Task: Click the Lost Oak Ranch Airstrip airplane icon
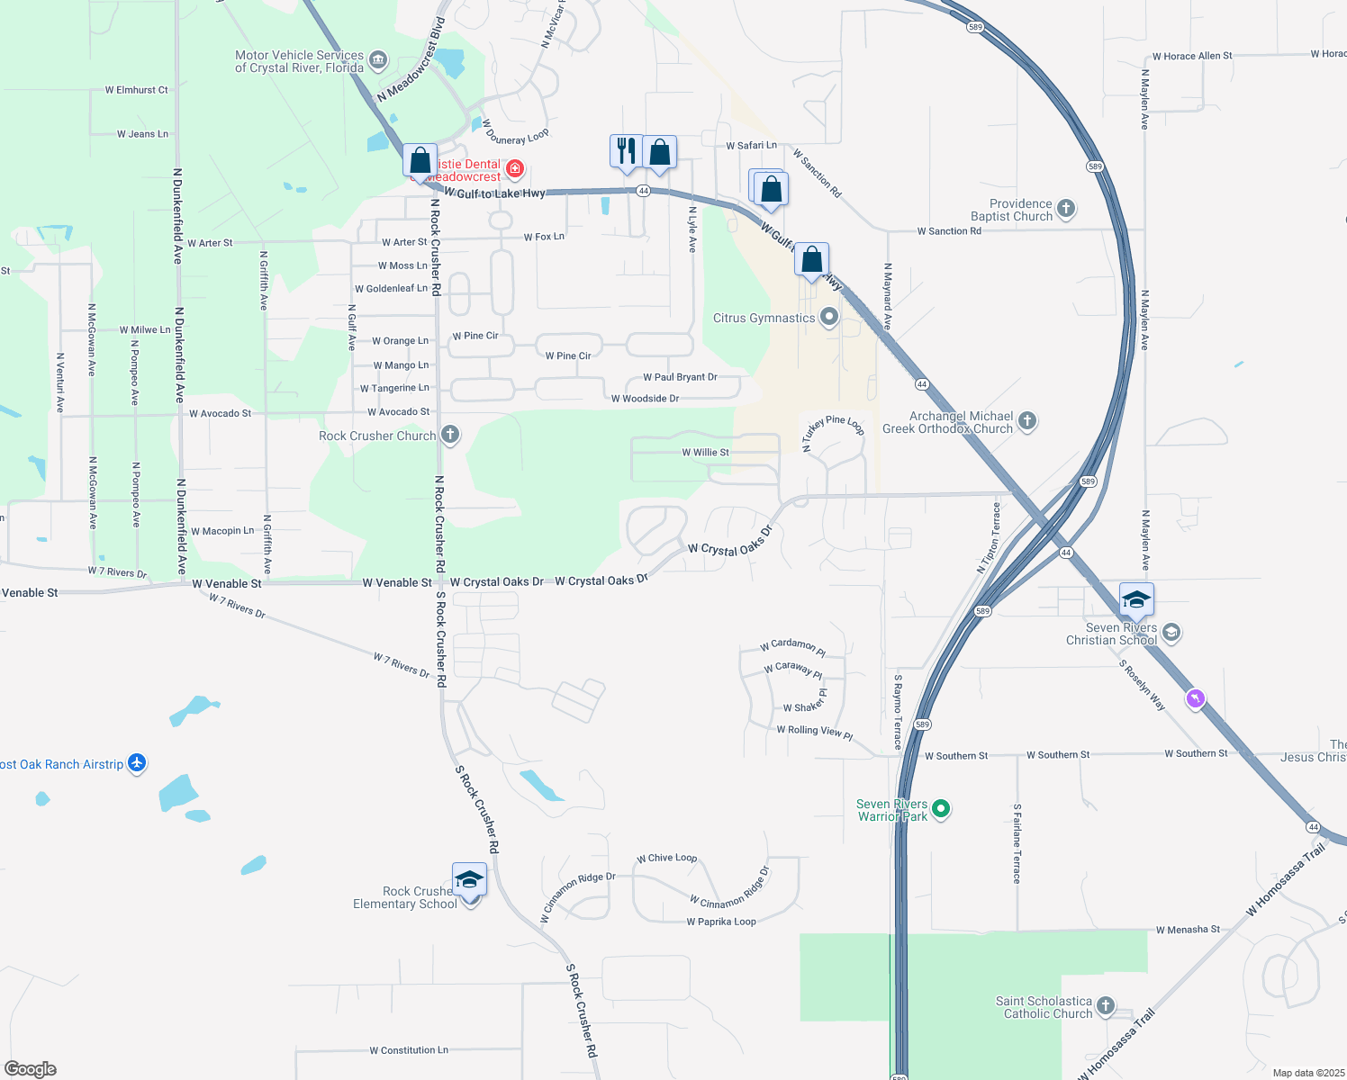[137, 763]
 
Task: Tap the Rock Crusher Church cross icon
[450, 436]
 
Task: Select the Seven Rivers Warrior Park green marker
[941, 809]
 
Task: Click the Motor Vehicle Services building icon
[378, 61]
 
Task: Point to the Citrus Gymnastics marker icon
[829, 317]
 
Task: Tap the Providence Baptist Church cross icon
[1066, 210]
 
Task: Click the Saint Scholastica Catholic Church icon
[1106, 1006]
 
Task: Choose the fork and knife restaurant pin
[626, 151]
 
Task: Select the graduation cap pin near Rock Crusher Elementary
[469, 879]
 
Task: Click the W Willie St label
[706, 453]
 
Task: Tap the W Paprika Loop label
[721, 922]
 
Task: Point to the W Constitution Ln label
[409, 1050]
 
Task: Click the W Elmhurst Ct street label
[136, 90]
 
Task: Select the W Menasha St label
[1188, 930]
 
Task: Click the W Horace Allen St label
[1192, 56]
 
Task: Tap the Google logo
[31, 1069]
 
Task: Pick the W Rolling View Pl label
[814, 731]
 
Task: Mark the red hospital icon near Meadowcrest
[514, 168]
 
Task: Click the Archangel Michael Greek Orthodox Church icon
[1027, 421]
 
